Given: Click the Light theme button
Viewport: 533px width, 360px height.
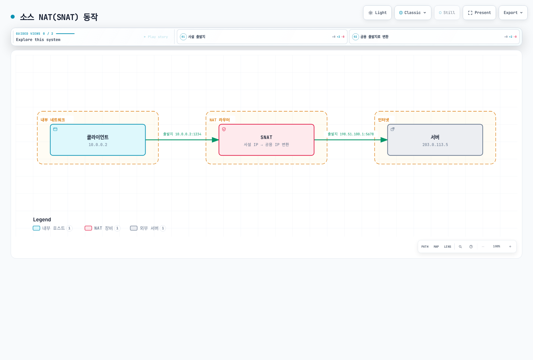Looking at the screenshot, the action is pyautogui.click(x=377, y=13).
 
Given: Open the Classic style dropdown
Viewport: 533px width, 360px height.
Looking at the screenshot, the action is pyautogui.click(x=413, y=13).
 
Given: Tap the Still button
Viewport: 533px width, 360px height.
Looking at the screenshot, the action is pyautogui.click(x=447, y=13).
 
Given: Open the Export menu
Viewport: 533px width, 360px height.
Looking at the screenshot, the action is pyautogui.click(x=513, y=13).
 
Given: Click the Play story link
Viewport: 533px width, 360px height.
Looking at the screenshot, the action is pyautogui.click(x=156, y=37).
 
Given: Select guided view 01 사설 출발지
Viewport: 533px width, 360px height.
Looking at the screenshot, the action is pyautogui.click(x=262, y=37).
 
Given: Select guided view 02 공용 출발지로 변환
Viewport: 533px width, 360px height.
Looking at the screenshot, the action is pyautogui.click(x=434, y=37).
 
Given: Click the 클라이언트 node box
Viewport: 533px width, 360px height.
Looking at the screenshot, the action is pyautogui.click(x=98, y=140).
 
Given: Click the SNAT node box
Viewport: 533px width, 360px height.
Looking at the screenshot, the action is pyautogui.click(x=266, y=140).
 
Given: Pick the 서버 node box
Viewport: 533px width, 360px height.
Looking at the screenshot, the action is pyautogui.click(x=435, y=140).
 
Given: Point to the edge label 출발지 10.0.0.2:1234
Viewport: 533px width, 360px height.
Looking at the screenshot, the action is pyautogui.click(x=182, y=134).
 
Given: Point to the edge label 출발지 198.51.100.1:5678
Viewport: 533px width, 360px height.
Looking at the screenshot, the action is pyautogui.click(x=351, y=134).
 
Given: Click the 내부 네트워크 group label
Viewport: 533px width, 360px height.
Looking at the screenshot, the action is pyautogui.click(x=53, y=120).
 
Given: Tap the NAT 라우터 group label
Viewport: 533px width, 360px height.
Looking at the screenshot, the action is pyautogui.click(x=220, y=120).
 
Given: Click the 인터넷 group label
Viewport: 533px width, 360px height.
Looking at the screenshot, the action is pyautogui.click(x=383, y=120).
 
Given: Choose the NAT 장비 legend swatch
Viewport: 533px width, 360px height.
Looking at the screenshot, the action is pyautogui.click(x=88, y=228).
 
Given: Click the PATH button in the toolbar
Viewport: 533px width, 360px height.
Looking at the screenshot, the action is pyautogui.click(x=425, y=247).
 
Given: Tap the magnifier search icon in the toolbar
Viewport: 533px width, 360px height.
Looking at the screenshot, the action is pyautogui.click(x=460, y=247).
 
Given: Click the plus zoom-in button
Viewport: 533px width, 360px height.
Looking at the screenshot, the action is pyautogui.click(x=510, y=247).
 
